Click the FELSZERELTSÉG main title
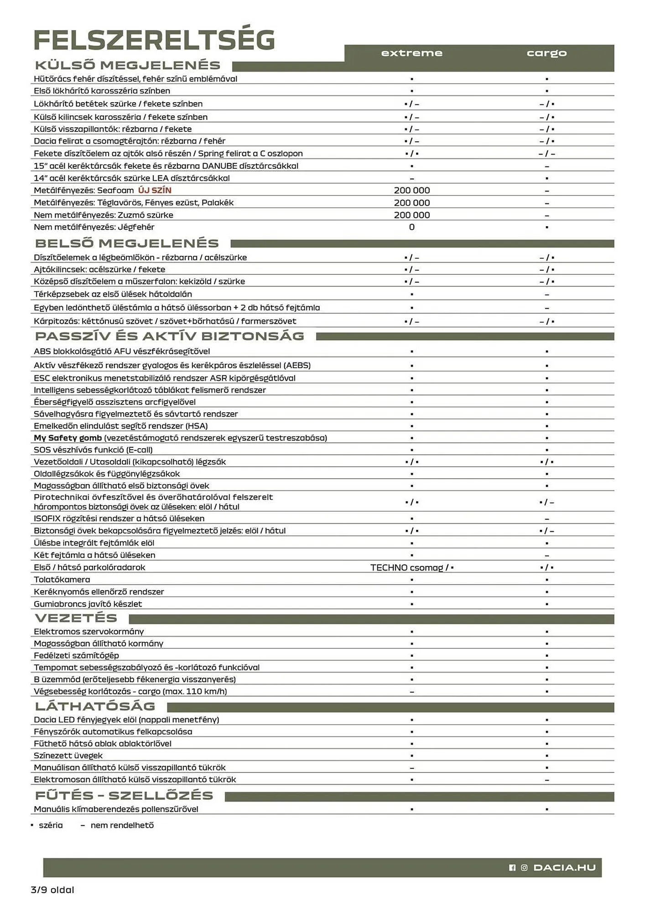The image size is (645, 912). [154, 40]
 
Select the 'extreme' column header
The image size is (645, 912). [411, 53]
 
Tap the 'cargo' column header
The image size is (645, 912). [546, 53]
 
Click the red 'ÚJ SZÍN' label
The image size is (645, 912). [155, 190]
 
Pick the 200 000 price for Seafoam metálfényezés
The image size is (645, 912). [411, 191]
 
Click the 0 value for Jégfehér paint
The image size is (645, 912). [411, 227]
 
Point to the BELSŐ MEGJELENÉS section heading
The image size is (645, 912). [127, 243]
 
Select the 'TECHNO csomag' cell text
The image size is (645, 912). [406, 568]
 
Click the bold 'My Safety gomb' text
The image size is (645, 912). [68, 438]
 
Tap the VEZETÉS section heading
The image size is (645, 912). [76, 618]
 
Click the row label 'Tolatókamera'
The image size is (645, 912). [62, 580]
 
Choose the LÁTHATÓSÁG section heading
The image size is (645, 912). [95, 706]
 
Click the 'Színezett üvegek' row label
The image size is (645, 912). [68, 756]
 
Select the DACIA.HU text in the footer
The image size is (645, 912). [564, 867]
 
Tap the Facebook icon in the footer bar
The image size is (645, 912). [512, 868]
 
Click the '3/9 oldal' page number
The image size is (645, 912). [52, 890]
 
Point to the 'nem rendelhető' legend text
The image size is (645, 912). [122, 825]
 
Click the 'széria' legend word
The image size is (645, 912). [51, 825]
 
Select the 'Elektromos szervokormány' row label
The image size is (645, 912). [88, 632]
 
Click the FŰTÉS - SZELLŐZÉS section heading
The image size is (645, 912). [124, 796]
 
